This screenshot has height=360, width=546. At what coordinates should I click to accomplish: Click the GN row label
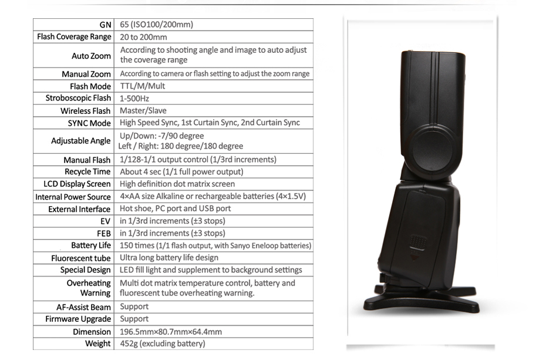coord(105,25)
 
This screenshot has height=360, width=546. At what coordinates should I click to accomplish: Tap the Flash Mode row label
coord(90,86)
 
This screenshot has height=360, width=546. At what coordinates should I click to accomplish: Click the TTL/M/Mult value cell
coord(139,86)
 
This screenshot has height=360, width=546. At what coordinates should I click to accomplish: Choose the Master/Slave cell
coord(143,110)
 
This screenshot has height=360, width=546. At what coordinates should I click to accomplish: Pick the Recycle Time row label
coord(87,171)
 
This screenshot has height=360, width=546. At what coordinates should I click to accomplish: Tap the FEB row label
coord(103,233)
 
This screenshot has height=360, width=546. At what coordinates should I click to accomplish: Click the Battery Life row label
coord(91,245)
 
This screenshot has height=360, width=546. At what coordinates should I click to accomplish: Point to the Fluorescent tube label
coord(81,258)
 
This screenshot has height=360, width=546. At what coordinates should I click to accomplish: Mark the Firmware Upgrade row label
coord(78,319)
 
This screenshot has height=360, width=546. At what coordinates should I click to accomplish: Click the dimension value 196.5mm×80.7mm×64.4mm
coord(171,331)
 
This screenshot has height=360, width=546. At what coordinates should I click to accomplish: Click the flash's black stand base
coord(420,301)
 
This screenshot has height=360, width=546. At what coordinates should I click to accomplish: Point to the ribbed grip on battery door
coord(417,243)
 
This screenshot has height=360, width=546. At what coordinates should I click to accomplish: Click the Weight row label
coord(97,344)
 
